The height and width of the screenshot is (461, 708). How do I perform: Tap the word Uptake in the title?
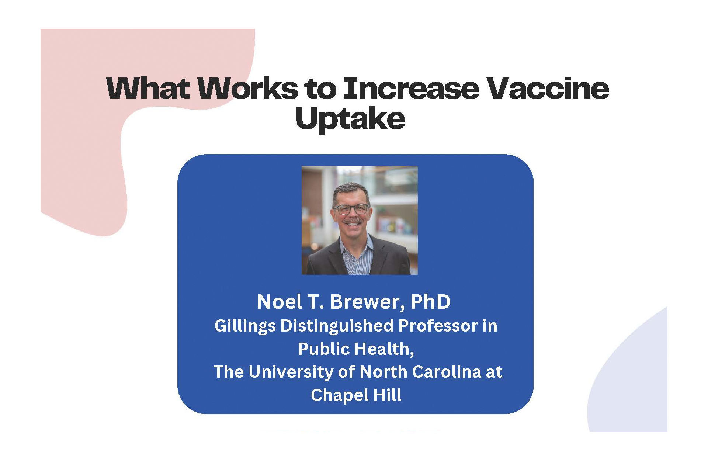(350, 119)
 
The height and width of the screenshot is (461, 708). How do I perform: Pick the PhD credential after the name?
(430, 302)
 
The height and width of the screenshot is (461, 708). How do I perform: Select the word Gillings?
(245, 326)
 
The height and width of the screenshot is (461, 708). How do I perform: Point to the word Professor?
(438, 326)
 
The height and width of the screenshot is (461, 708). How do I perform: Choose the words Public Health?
(355, 349)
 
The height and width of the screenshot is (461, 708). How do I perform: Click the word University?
(291, 372)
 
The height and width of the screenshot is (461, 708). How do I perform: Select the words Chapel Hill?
(356, 395)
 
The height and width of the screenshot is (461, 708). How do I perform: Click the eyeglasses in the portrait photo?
(351, 209)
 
